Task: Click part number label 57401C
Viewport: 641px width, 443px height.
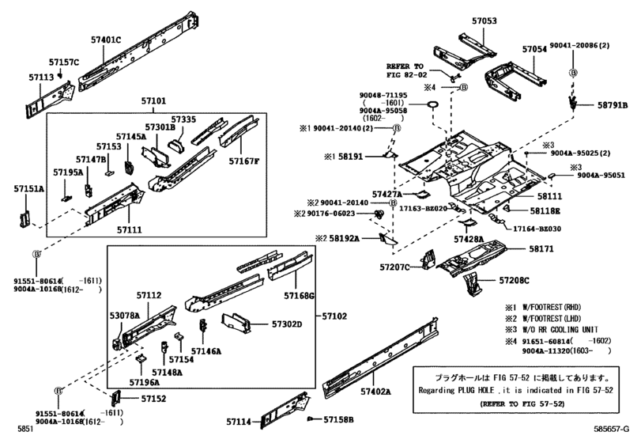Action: pyautogui.click(x=106, y=40)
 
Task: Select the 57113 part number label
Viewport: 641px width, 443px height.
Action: pyautogui.click(x=41, y=77)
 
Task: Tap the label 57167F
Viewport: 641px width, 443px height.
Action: pyautogui.click(x=244, y=161)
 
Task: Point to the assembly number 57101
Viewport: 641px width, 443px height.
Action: pyautogui.click(x=153, y=100)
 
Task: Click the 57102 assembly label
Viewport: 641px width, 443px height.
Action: pyautogui.click(x=334, y=316)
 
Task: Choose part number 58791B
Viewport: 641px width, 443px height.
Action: pyautogui.click(x=613, y=105)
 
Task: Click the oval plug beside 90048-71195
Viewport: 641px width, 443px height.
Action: pyautogui.click(x=432, y=105)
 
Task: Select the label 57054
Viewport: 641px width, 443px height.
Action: pyautogui.click(x=534, y=49)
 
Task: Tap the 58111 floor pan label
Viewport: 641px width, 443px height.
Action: pyautogui.click(x=549, y=196)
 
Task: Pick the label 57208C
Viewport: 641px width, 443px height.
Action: pyautogui.click(x=514, y=280)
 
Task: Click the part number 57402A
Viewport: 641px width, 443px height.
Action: pyautogui.click(x=375, y=392)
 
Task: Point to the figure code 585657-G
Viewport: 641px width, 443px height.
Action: pyautogui.click(x=611, y=429)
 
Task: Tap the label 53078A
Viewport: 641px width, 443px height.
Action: pyautogui.click(x=124, y=316)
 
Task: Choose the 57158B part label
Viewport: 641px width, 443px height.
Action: pyautogui.click(x=338, y=419)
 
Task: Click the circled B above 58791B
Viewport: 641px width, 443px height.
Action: pyautogui.click(x=574, y=73)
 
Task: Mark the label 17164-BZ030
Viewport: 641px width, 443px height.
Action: pyautogui.click(x=537, y=229)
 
